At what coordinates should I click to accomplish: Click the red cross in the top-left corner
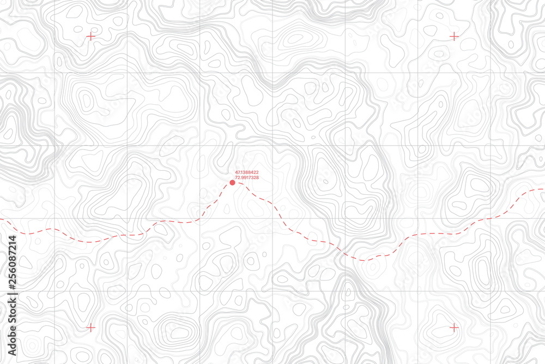coord(90,37)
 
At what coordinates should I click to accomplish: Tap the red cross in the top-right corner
coord(453,37)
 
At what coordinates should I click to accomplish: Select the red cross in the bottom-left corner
coord(90,327)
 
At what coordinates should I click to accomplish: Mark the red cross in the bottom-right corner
coord(453,327)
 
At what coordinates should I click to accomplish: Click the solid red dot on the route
coord(232,183)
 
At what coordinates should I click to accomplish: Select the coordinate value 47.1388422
coord(247,172)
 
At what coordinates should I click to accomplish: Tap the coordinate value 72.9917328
coord(247,178)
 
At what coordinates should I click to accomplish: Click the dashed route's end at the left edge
coord(2,220)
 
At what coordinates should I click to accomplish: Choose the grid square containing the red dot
coord(236,182)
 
